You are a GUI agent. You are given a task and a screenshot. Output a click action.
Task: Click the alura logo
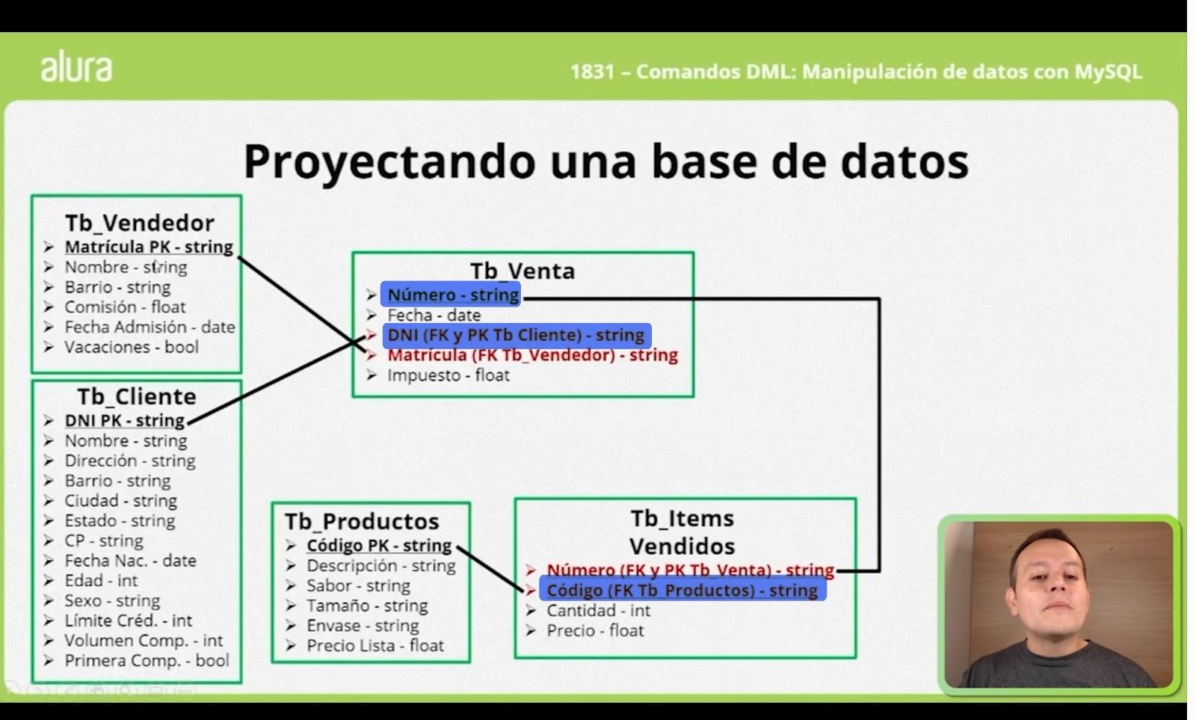click(76, 67)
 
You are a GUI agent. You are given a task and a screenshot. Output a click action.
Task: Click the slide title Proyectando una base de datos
click(605, 161)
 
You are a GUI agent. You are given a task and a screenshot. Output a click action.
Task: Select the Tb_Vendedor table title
click(140, 223)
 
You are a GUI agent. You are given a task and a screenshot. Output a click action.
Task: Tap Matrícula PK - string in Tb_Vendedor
click(149, 247)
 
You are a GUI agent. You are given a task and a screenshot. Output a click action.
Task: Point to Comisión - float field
click(125, 307)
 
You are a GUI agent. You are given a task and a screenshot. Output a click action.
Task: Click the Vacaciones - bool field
click(131, 347)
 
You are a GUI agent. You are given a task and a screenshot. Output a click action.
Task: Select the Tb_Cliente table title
click(137, 396)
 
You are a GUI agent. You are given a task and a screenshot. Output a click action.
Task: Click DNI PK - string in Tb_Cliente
click(124, 420)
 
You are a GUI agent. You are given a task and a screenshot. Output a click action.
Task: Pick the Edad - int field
click(101, 581)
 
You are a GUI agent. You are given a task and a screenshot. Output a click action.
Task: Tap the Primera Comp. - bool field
click(147, 661)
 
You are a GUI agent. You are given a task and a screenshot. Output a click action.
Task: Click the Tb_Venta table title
click(523, 271)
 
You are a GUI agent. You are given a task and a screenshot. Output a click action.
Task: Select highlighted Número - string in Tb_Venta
click(452, 295)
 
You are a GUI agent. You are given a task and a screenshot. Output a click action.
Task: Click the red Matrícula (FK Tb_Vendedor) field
click(532, 355)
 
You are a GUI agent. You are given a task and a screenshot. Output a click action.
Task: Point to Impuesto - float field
click(448, 375)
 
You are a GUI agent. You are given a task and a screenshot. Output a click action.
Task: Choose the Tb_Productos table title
click(362, 521)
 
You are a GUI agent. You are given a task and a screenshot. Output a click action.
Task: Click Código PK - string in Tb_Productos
click(379, 546)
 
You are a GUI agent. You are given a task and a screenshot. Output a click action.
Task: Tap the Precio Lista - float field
click(375, 646)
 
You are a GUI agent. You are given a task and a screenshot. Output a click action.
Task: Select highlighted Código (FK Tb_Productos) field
click(682, 591)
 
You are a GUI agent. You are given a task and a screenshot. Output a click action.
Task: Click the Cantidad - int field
click(598, 611)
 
